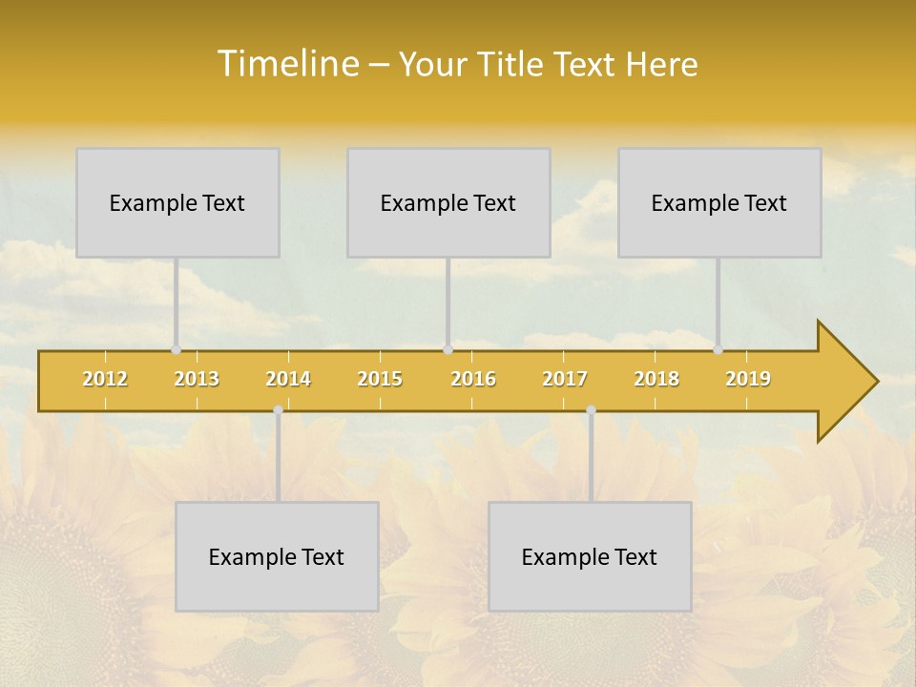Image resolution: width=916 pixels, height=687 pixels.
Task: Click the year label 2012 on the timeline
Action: (x=105, y=379)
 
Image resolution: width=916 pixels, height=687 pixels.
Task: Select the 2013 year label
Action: (x=197, y=379)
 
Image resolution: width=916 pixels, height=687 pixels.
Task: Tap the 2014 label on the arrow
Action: (x=288, y=379)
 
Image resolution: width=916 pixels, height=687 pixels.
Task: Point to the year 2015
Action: (x=380, y=379)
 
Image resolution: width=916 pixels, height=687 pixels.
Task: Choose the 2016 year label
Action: (x=473, y=379)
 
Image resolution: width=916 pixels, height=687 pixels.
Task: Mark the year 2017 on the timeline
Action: (x=565, y=379)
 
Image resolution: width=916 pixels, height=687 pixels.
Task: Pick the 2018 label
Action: (x=656, y=379)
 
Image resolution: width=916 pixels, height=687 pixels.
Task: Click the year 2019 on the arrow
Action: (x=748, y=379)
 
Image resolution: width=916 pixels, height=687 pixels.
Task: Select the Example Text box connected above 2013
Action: (x=177, y=202)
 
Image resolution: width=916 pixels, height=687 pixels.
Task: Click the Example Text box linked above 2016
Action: (x=448, y=202)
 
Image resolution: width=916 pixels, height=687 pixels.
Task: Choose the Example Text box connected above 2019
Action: (x=719, y=202)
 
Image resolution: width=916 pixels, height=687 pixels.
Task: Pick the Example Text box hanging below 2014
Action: (x=277, y=556)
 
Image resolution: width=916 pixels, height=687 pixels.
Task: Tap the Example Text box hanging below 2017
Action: (x=590, y=556)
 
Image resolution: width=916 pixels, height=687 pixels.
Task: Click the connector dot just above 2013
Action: (x=176, y=350)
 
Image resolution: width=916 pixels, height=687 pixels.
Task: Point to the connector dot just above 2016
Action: (x=448, y=350)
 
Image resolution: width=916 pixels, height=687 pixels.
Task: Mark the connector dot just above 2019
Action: (x=718, y=350)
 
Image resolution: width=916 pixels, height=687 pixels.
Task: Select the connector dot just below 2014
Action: (x=278, y=410)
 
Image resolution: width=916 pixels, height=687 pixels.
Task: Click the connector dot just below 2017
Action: (x=591, y=410)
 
